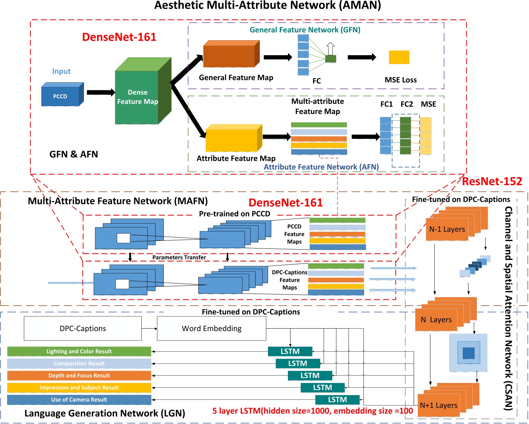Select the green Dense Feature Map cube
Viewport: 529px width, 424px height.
click(137, 97)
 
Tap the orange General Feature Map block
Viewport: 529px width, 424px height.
click(229, 56)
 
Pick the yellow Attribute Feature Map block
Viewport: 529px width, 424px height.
click(231, 140)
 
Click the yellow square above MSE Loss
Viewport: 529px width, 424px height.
click(399, 57)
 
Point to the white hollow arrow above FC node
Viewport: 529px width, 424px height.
click(330, 48)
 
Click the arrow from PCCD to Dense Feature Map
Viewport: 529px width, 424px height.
click(100, 93)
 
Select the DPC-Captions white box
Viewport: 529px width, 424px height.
click(83, 328)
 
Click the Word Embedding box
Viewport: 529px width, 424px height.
click(211, 328)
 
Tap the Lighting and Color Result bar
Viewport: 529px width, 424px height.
click(79, 351)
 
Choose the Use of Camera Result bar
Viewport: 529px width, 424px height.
click(79, 400)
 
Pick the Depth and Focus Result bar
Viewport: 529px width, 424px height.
click(79, 376)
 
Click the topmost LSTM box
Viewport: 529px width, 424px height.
click(290, 351)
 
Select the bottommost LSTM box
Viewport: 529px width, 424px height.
click(337, 400)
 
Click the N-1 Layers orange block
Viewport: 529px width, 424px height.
click(447, 230)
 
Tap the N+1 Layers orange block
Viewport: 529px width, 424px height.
click(439, 405)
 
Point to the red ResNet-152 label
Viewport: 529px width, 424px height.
click(492, 182)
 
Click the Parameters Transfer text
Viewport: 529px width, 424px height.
click(179, 257)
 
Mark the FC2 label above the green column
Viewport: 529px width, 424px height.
click(407, 104)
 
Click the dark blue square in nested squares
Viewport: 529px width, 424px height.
click(468, 353)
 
